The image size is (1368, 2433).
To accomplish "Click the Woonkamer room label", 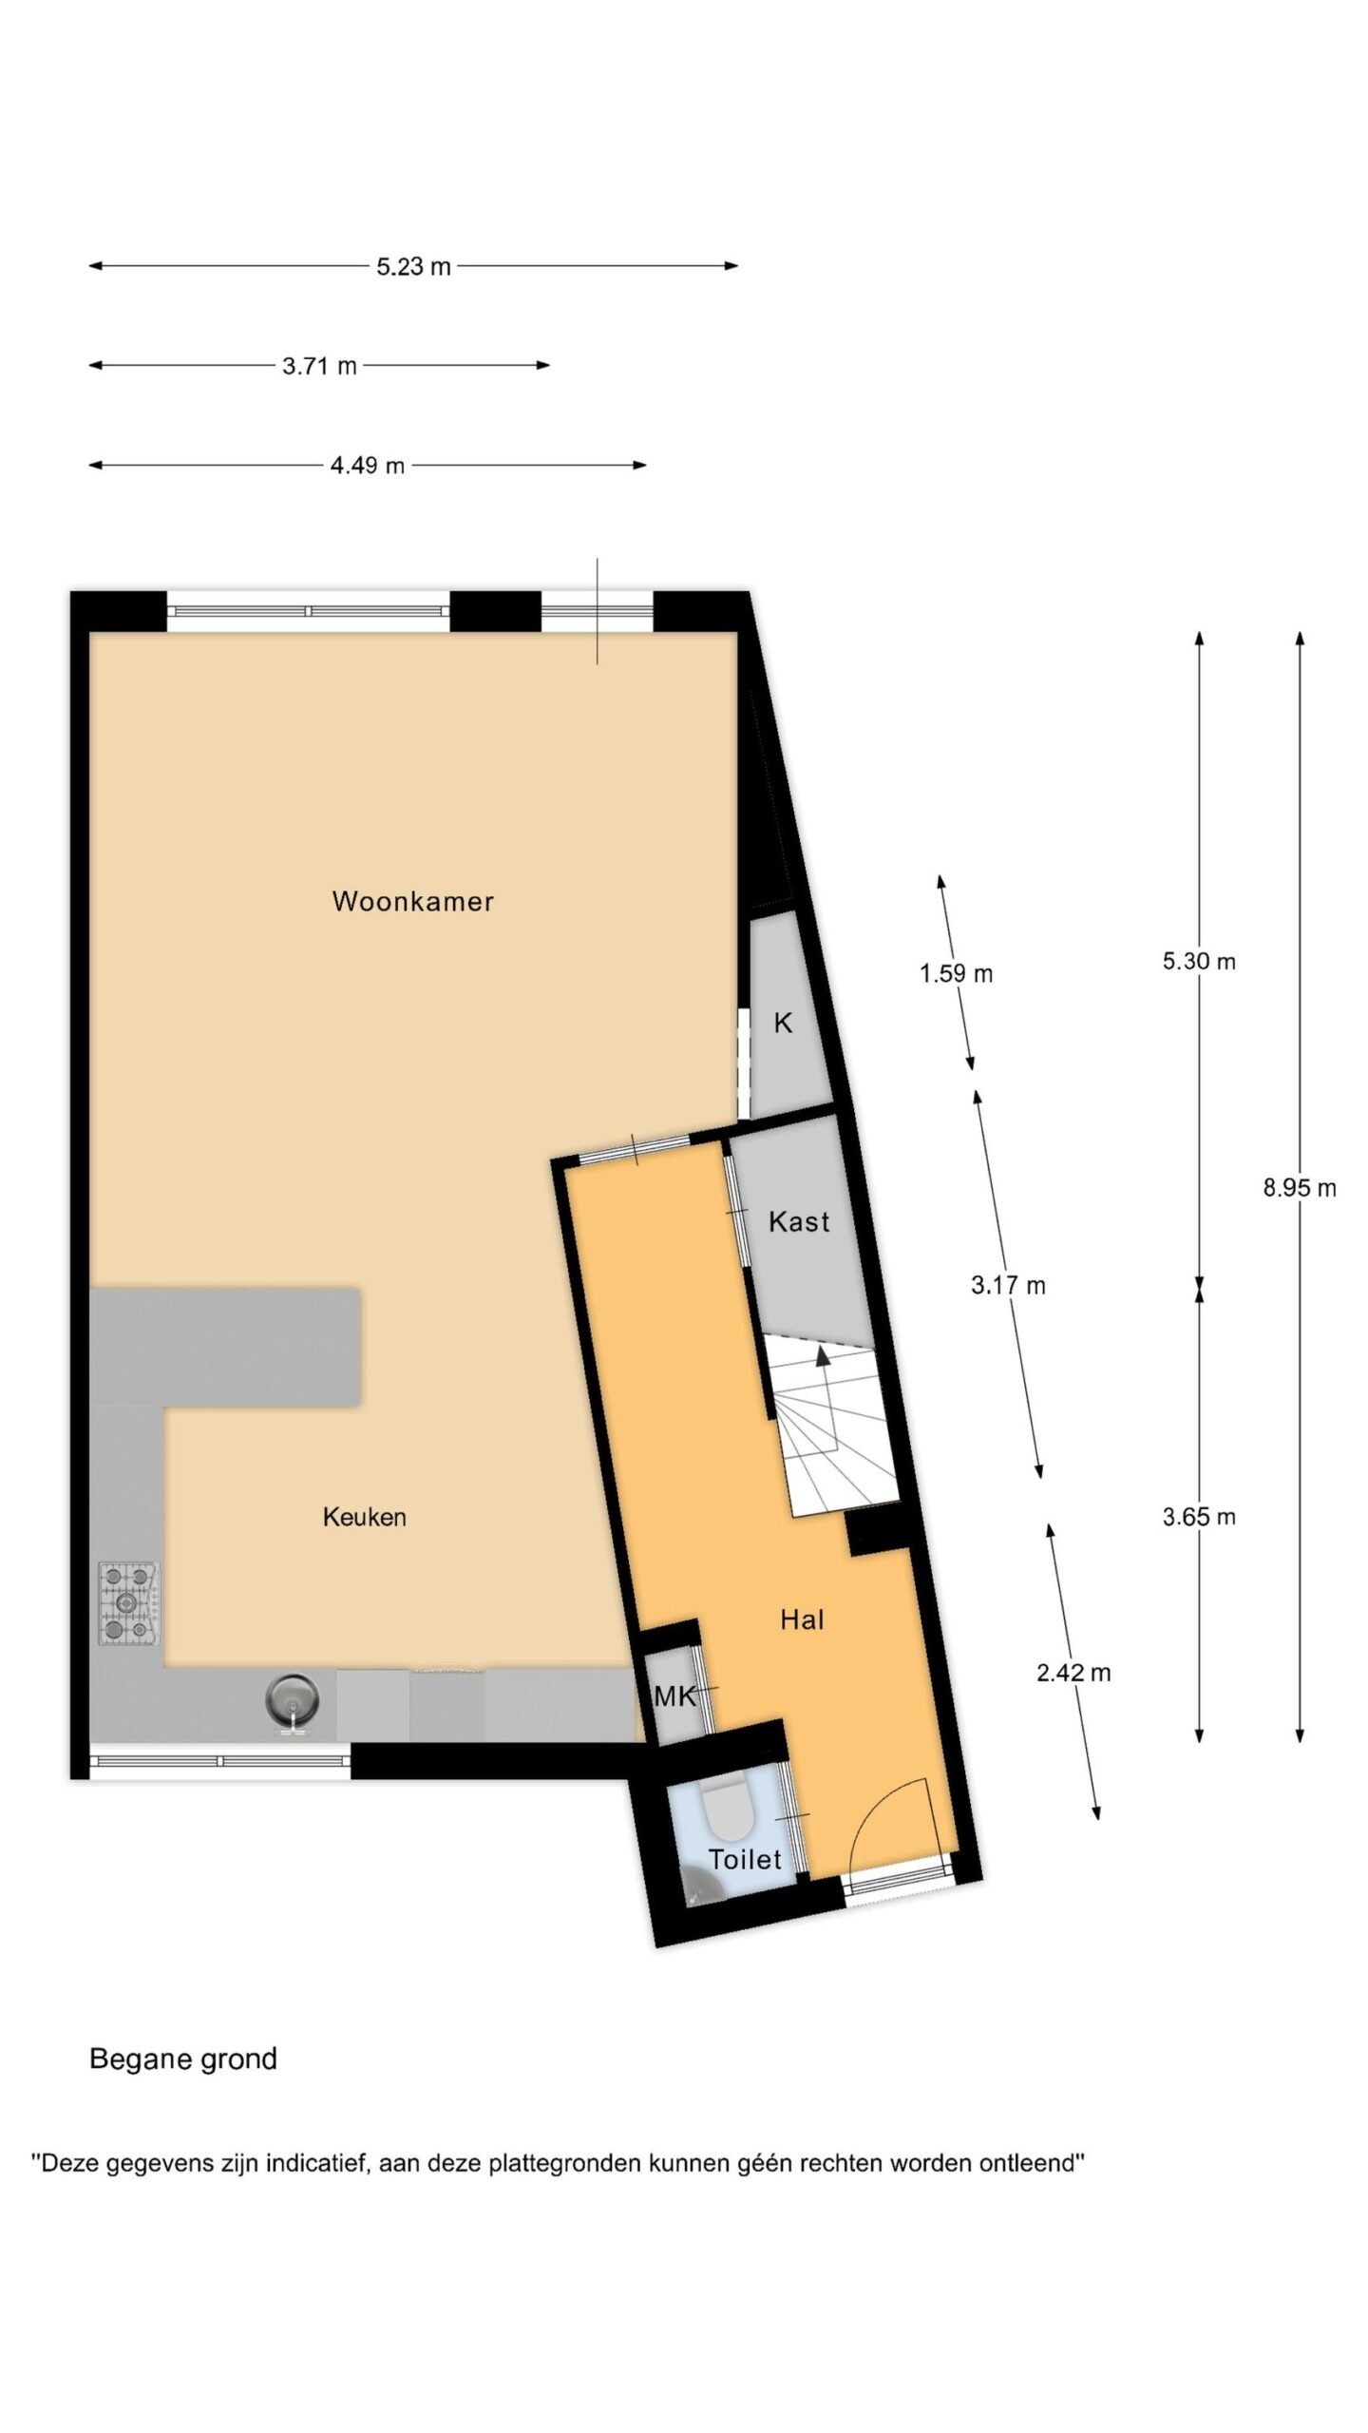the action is pyautogui.click(x=412, y=901).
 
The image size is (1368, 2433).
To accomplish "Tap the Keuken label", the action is pyautogui.click(x=365, y=1517).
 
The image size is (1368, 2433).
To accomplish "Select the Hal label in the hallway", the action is pyautogui.click(x=802, y=1619).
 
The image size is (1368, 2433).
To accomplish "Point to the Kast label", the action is pyautogui.click(x=799, y=1221).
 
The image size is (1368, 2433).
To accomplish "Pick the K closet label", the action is pyautogui.click(x=783, y=1023).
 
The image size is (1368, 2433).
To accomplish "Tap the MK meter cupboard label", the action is pyautogui.click(x=675, y=1695).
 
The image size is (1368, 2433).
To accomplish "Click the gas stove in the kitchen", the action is pyautogui.click(x=128, y=1603).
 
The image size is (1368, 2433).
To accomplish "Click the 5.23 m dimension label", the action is pyautogui.click(x=413, y=267).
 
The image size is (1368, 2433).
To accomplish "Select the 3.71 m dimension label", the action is pyautogui.click(x=319, y=366).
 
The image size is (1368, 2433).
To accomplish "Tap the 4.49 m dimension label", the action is pyautogui.click(x=368, y=466).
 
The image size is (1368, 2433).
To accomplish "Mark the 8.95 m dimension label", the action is pyautogui.click(x=1299, y=1187).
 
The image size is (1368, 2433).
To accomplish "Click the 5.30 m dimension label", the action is pyautogui.click(x=1199, y=961).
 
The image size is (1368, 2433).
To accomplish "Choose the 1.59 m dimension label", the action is pyautogui.click(x=956, y=973).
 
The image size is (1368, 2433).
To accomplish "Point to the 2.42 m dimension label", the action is pyautogui.click(x=1073, y=1673).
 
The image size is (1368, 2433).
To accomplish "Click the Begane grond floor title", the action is pyautogui.click(x=183, y=2059).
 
